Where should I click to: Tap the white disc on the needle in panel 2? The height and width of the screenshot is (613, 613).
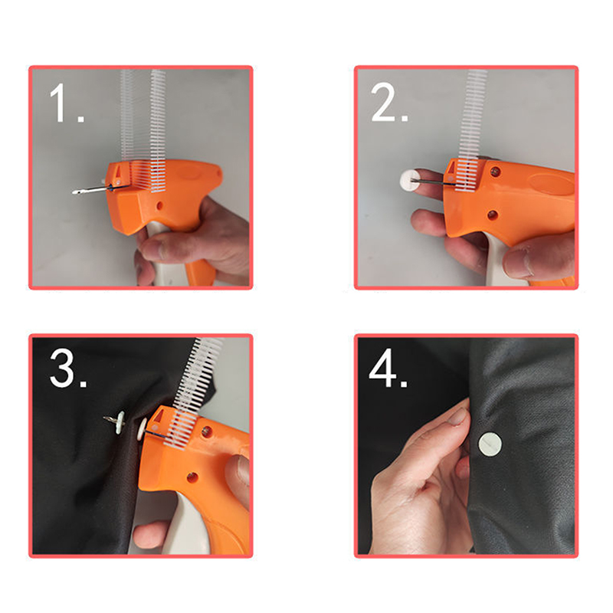click(x=409, y=179)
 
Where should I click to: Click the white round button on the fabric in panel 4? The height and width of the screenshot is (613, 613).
click(x=490, y=444)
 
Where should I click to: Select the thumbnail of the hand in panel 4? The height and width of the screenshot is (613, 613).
click(x=458, y=416)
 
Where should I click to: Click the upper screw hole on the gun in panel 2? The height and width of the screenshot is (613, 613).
click(x=495, y=171)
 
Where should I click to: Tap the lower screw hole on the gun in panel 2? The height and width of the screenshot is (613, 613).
click(x=493, y=215)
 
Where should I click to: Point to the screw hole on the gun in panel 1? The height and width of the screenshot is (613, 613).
click(x=159, y=205)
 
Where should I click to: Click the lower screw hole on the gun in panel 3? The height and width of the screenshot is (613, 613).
click(x=192, y=477)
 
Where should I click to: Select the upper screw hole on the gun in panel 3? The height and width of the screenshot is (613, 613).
click(x=207, y=431)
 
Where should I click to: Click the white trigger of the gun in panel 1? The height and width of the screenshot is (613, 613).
click(x=164, y=258)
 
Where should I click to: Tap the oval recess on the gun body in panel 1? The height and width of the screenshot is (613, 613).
click(x=189, y=172)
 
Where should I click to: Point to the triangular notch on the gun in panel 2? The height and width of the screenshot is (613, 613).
click(x=451, y=168)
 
